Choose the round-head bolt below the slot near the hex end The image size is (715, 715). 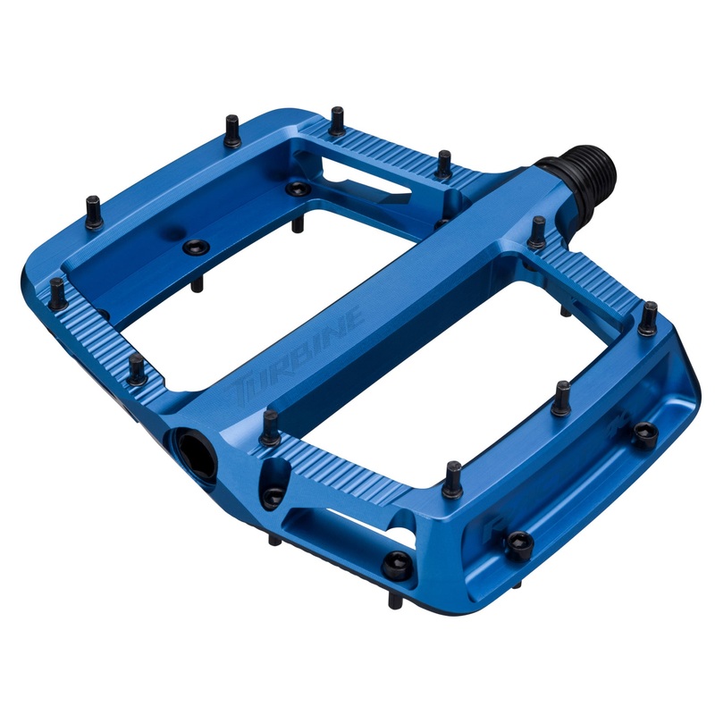392,560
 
